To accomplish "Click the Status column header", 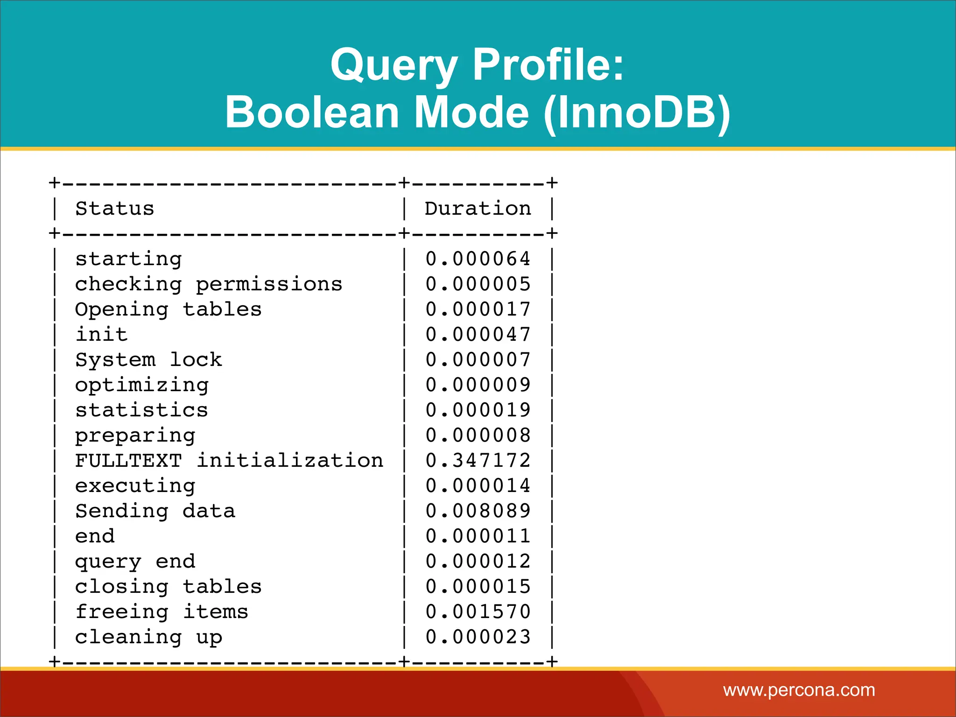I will [x=115, y=209].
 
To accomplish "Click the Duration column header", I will [x=478, y=209].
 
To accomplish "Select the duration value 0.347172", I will [x=478, y=461].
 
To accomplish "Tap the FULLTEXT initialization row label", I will [x=229, y=461].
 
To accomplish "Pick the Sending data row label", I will [x=155, y=511].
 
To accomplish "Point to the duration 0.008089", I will [x=478, y=511].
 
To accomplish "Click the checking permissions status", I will [x=209, y=284].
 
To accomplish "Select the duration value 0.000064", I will [x=478, y=259].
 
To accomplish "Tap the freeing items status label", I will [x=162, y=612].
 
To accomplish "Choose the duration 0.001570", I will [x=478, y=612].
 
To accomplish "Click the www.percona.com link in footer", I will [x=799, y=690].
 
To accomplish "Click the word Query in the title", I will [x=393, y=65].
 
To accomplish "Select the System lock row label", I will [x=149, y=360].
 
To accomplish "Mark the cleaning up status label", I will [x=149, y=637].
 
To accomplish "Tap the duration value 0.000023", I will [x=478, y=637].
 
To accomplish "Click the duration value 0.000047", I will [x=478, y=335].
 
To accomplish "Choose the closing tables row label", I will [x=169, y=587].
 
